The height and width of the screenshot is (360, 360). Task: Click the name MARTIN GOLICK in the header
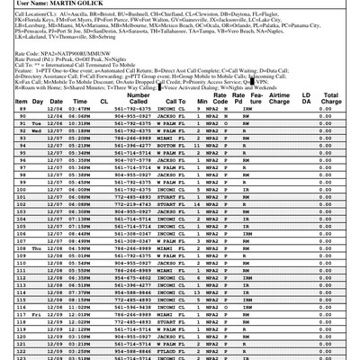click(x=63, y=6)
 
